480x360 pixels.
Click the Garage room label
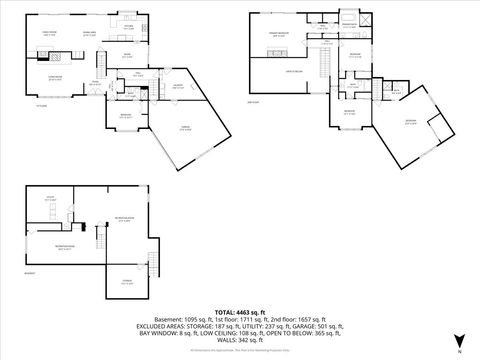(186, 127)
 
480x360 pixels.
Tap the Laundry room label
(176, 86)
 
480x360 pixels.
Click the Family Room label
(47, 34)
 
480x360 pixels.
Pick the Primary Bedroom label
(274, 34)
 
